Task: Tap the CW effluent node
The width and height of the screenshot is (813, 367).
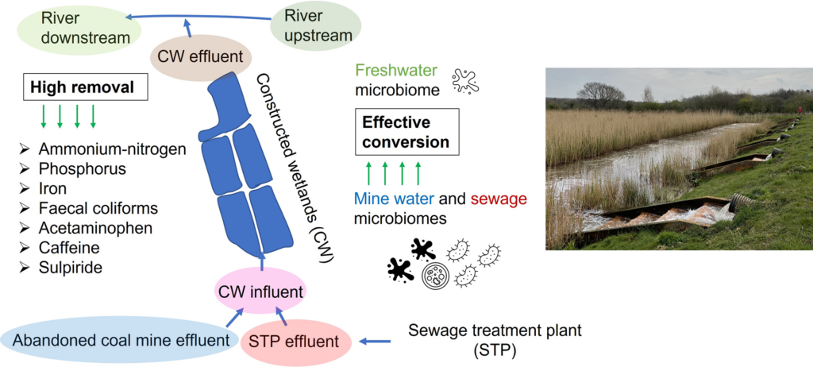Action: (x=200, y=56)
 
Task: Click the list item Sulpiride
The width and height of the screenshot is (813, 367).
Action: (x=70, y=268)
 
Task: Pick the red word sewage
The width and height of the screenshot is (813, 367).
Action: (x=499, y=199)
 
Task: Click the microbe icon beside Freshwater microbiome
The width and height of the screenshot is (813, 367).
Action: (x=465, y=80)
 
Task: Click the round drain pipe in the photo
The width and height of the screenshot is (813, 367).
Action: (x=742, y=203)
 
